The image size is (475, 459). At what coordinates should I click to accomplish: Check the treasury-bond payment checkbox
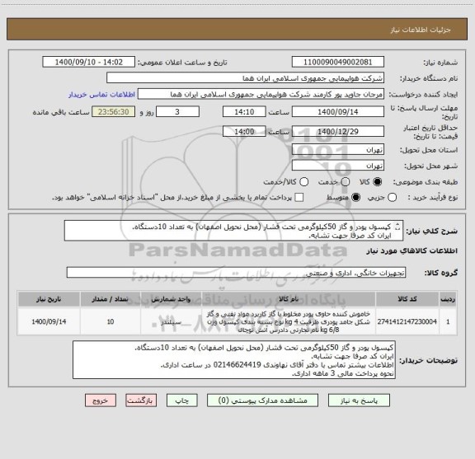[x=299, y=197]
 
